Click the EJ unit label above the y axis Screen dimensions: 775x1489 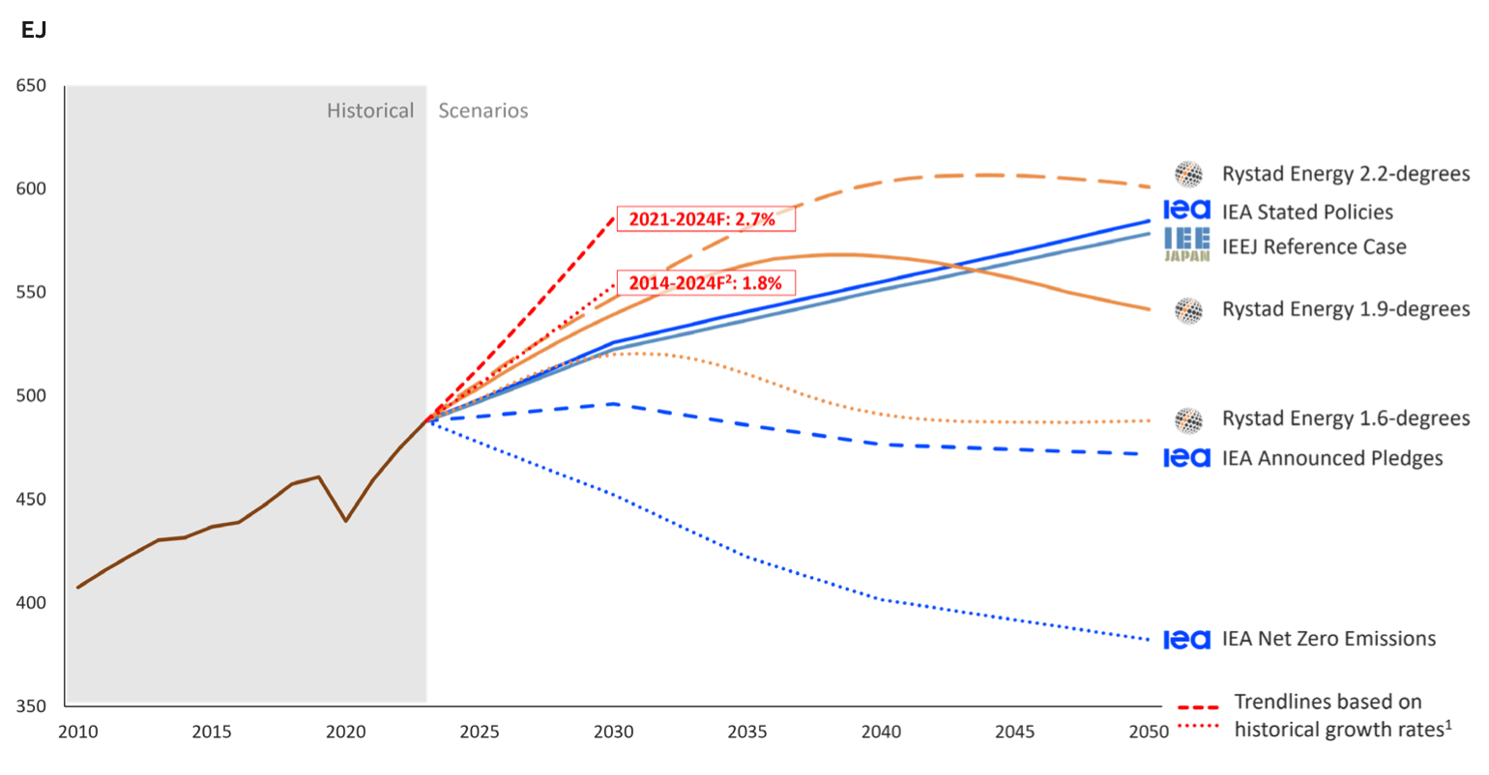(34, 31)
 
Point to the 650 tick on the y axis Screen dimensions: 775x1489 (31, 86)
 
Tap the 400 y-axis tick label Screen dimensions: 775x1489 (31, 603)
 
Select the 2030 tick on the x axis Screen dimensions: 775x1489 (614, 732)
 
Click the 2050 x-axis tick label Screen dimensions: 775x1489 (1149, 732)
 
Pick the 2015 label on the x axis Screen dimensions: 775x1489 (212, 732)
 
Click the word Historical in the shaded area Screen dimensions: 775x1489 (370, 111)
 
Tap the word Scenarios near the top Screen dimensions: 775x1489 (483, 111)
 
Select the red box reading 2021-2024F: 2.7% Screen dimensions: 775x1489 (702, 219)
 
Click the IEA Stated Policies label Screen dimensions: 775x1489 (1307, 213)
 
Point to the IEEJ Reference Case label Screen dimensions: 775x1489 (1314, 247)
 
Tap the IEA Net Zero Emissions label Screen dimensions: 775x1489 (1328, 639)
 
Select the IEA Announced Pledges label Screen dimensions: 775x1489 (1332, 458)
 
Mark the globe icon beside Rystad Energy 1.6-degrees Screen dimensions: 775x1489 (1188, 420)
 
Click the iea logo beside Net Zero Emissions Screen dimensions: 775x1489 (1186, 640)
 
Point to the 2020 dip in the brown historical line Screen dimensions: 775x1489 (346, 521)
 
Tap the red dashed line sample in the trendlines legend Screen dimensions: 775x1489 (1198, 708)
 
